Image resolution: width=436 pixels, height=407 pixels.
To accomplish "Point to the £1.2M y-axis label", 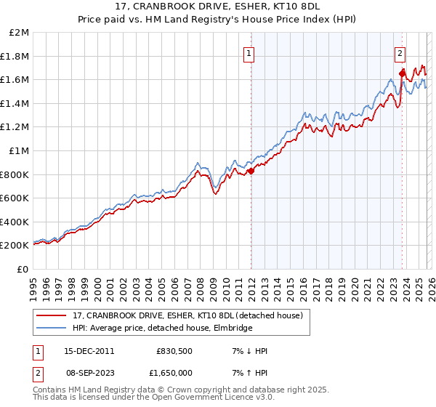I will pos(16,127).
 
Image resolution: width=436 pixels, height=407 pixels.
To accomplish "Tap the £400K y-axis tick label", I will pos(16,222).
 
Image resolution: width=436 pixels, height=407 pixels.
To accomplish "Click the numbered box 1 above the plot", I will pos(249,52).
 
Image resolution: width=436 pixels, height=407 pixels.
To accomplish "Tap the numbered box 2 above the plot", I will pos(400,52).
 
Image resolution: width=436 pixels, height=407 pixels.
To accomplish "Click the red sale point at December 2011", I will pos(251,172).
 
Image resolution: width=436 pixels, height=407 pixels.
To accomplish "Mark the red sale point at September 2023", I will pos(402,73).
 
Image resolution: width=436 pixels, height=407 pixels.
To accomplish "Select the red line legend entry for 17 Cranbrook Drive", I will pos(192,315).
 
